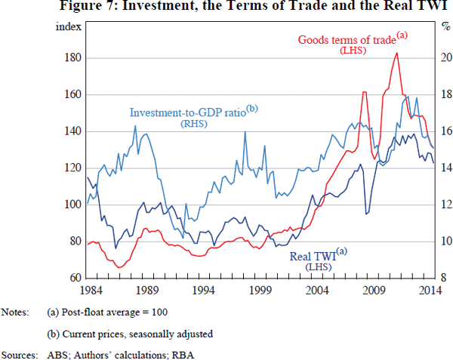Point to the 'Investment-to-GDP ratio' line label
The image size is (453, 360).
coord(193,112)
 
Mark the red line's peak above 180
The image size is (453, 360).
coord(396,53)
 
